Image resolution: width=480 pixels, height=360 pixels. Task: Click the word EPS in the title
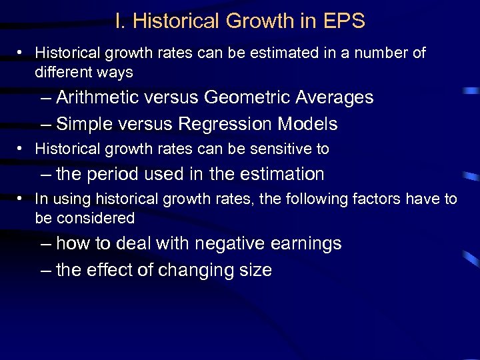[x=345, y=21]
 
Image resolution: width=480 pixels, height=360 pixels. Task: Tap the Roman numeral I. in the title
[x=120, y=21]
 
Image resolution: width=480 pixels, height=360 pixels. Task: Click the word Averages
[x=334, y=97]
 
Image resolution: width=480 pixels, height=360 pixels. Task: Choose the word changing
[x=195, y=271]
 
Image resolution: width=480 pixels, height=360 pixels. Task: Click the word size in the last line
[x=255, y=270]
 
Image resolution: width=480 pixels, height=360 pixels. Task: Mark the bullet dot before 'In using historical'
[x=22, y=199]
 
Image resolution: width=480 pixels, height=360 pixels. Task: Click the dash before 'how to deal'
[x=45, y=244]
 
